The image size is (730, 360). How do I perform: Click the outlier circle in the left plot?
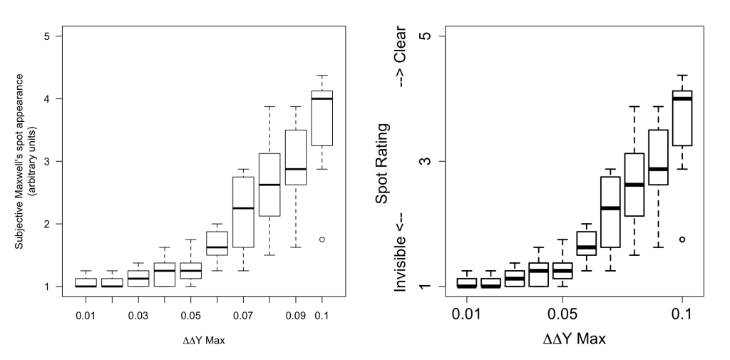click(322, 240)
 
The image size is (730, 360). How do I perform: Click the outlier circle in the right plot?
click(682, 240)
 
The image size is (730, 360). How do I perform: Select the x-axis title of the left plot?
click(205, 339)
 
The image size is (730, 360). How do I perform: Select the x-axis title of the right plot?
click(575, 339)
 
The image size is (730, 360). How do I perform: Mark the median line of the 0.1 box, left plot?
click(322, 99)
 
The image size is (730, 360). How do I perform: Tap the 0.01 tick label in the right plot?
click(467, 314)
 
